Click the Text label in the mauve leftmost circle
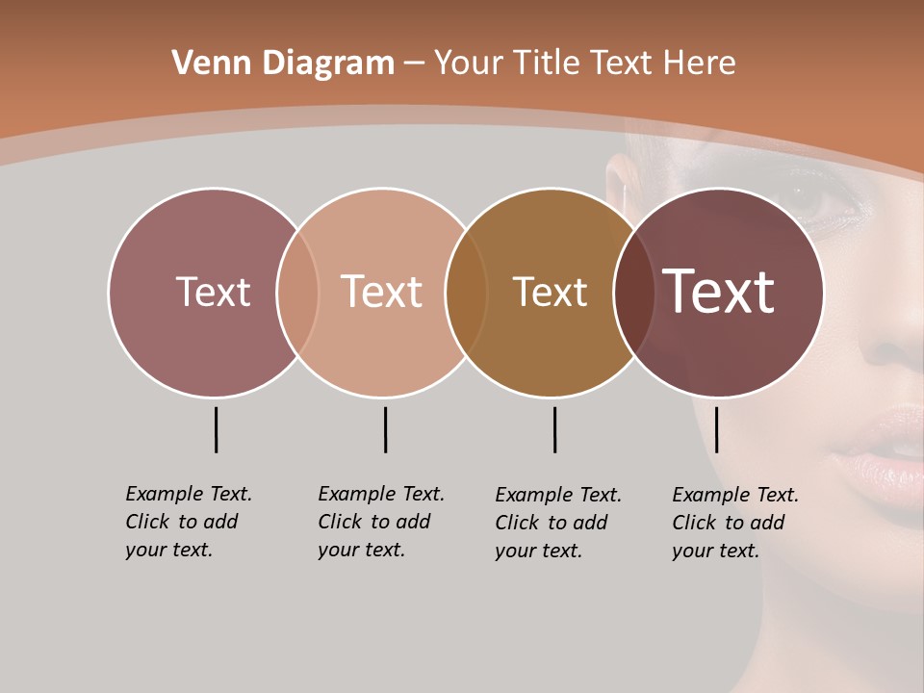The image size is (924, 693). coord(213,292)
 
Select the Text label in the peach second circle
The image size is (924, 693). coord(381,292)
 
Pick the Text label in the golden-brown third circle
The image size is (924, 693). coord(550,292)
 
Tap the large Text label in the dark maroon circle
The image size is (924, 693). coord(718,292)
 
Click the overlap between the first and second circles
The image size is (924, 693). coord(297,293)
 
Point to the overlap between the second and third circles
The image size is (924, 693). coord(466,293)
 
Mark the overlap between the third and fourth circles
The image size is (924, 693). coord(633,293)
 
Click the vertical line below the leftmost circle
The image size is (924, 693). coord(216,429)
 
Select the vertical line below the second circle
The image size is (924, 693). coord(385,429)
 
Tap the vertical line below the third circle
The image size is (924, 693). coord(554,429)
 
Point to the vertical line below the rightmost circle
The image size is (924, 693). coord(716,429)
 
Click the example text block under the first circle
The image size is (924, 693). coord(189,522)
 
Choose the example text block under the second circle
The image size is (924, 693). coord(381,522)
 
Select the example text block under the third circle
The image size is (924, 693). coord(558,523)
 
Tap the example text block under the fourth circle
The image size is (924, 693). coord(735,523)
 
